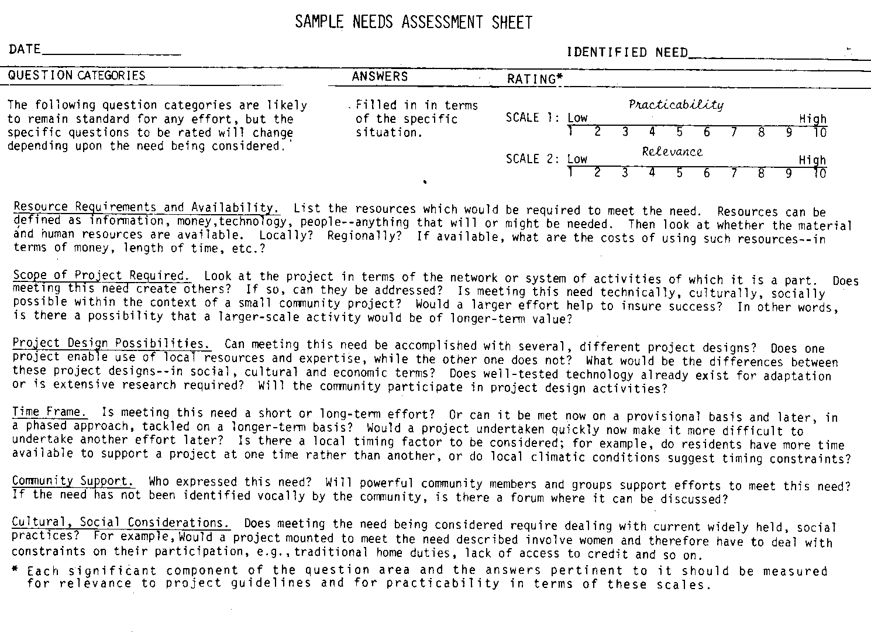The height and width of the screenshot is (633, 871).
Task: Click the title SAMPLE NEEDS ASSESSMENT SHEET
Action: [x=414, y=22]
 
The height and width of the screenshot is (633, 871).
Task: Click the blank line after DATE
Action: [x=111, y=54]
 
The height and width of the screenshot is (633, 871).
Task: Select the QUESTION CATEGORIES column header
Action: [x=77, y=75]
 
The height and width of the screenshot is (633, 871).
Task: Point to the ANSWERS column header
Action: [x=380, y=77]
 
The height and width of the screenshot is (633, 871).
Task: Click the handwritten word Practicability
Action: [x=676, y=105]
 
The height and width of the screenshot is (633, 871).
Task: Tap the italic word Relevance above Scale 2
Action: [x=672, y=152]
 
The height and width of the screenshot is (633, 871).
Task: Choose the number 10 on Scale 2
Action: [x=820, y=173]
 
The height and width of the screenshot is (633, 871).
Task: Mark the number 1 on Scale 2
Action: [x=570, y=171]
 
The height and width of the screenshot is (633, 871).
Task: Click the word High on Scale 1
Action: [x=813, y=119]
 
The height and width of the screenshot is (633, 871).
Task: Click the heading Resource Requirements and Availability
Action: [x=146, y=207]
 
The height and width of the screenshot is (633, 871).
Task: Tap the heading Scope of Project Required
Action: [x=101, y=275]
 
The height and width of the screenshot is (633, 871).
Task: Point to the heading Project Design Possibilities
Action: [x=112, y=343]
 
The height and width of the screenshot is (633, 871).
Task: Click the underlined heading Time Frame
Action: [x=50, y=412]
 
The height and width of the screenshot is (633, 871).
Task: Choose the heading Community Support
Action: [x=73, y=481]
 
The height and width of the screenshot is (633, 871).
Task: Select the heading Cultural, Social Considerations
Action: [x=121, y=522]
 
